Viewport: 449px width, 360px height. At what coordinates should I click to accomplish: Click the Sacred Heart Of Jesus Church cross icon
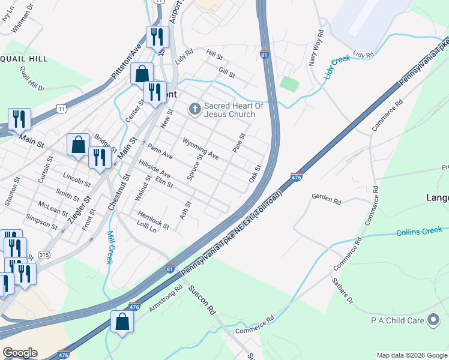(194, 109)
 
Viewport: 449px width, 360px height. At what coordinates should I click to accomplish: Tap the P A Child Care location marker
(433, 320)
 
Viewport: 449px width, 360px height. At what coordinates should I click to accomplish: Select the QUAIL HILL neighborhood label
(24, 59)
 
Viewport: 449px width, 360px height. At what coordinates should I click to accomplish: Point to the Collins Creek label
(419, 231)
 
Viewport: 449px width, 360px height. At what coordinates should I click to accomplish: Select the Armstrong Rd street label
(166, 298)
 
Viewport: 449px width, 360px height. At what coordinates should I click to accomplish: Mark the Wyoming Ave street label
(201, 147)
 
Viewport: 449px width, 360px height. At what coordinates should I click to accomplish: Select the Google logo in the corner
(20, 353)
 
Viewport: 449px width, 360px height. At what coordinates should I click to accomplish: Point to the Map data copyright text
(411, 355)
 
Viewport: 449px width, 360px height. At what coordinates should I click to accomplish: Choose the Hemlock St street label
(154, 220)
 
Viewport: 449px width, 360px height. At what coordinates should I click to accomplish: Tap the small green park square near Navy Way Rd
(289, 83)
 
